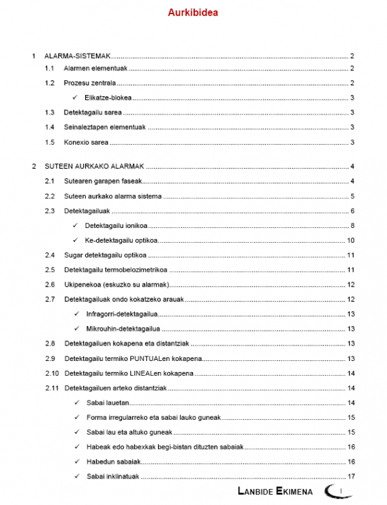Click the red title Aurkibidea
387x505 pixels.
pos(193,12)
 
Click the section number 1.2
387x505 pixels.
pos(50,83)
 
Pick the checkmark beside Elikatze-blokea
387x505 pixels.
pos(75,98)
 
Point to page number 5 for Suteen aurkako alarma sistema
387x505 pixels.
pos(352,196)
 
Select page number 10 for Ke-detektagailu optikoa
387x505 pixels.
pos(351,240)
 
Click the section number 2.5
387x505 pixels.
pos(50,269)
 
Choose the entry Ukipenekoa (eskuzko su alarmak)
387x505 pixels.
pos(117,284)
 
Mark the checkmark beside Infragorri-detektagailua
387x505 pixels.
pos(75,314)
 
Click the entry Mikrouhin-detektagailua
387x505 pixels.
pos(122,329)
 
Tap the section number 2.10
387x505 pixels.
pos(51,373)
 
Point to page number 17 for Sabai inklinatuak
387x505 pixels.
pos(351,477)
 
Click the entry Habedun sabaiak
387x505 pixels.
pos(113,462)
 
